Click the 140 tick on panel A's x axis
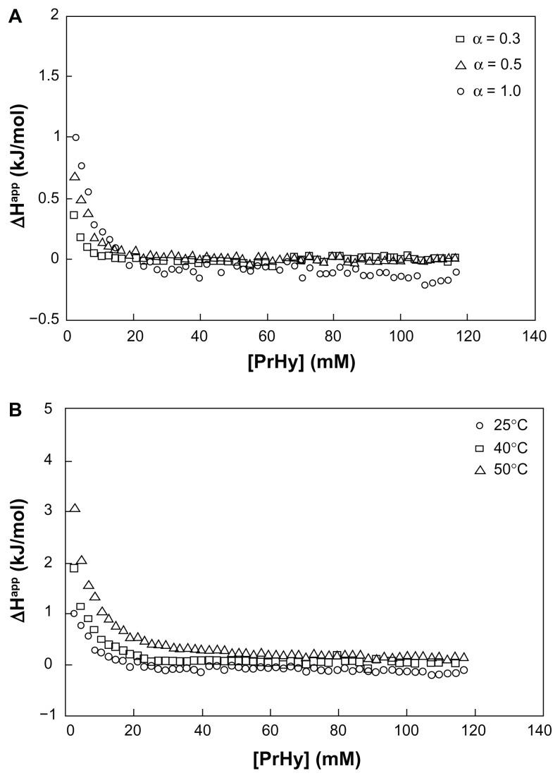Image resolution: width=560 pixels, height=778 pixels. [x=535, y=336]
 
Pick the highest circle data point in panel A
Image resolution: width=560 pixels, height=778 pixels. [x=75, y=138]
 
